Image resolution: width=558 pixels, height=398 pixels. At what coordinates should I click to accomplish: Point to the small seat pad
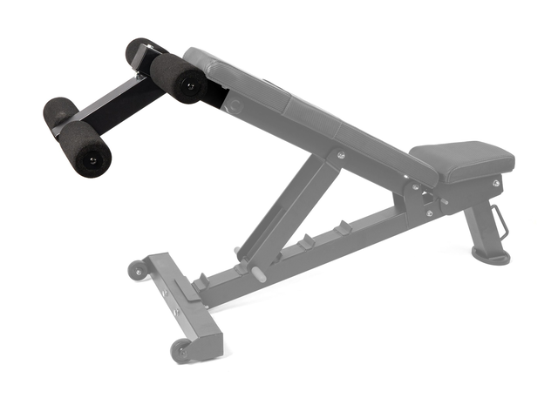[x=462, y=161]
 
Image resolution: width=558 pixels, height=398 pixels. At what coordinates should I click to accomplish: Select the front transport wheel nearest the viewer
[x=182, y=348]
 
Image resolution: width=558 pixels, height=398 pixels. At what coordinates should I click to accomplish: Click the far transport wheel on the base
[x=137, y=269]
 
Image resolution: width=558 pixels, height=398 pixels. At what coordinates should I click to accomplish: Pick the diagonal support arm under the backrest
[x=288, y=209]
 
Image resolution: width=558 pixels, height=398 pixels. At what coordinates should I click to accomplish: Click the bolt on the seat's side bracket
[x=496, y=184]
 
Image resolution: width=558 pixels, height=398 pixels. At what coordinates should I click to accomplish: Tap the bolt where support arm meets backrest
[x=340, y=156]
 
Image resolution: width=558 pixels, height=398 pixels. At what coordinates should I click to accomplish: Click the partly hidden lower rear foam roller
[x=59, y=113]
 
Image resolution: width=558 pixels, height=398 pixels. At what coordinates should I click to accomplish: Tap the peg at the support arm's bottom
[x=259, y=271]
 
